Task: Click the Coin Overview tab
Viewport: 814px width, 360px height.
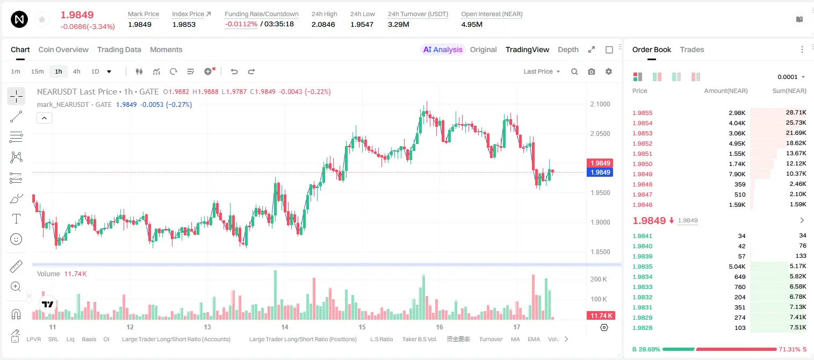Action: (x=63, y=49)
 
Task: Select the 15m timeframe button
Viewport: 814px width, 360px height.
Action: (x=37, y=71)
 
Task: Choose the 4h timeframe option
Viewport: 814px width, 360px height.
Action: (x=76, y=71)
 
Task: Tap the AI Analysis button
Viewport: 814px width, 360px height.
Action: (x=443, y=49)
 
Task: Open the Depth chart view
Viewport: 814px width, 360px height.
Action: (x=568, y=49)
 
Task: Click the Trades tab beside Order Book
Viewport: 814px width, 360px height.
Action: (x=692, y=49)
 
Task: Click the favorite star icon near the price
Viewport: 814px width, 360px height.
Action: (x=42, y=19)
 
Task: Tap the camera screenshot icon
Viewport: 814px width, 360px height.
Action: (x=592, y=71)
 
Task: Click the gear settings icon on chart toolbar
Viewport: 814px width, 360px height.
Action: (x=609, y=71)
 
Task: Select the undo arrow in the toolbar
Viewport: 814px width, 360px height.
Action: (x=234, y=71)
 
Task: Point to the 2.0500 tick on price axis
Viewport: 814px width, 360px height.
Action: (x=600, y=134)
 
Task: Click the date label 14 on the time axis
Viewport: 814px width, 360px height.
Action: (x=285, y=327)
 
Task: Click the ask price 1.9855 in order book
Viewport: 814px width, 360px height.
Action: (x=642, y=113)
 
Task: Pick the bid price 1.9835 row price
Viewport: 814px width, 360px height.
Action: (x=642, y=267)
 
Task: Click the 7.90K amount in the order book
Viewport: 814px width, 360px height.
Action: (x=737, y=174)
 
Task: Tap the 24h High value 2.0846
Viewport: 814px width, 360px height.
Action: (x=323, y=24)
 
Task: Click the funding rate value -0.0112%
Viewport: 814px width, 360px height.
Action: (x=241, y=24)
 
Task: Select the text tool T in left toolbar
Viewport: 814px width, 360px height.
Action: (x=16, y=219)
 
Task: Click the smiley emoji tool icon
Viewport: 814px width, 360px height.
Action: (x=16, y=239)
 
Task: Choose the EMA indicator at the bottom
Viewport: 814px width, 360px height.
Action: (x=534, y=339)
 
